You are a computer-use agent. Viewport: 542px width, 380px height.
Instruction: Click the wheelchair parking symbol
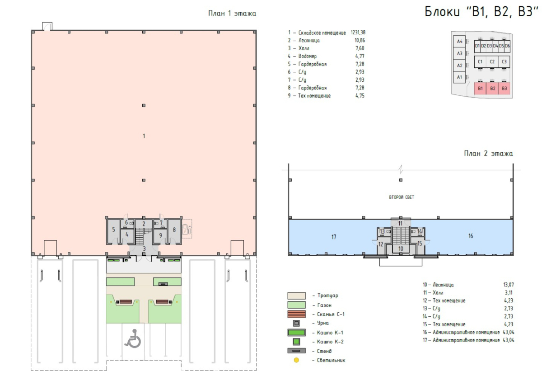coord(133,338)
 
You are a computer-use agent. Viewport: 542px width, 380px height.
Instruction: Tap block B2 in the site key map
coord(492,89)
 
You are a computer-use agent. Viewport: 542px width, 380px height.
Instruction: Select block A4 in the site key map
coord(459,42)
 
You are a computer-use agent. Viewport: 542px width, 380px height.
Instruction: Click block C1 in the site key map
coord(480,62)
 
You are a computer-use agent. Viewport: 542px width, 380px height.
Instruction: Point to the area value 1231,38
coord(358,33)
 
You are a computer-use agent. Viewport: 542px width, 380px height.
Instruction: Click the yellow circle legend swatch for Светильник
coord(296,360)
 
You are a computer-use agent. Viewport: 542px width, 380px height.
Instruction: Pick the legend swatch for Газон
coord(296,305)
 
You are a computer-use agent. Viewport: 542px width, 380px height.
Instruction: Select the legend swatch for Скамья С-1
coord(296,314)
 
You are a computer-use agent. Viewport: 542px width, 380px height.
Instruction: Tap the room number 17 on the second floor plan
coord(334,237)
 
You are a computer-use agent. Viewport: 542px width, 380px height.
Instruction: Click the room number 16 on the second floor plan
coord(471,236)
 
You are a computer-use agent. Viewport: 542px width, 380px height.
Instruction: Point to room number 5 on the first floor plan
coord(113,230)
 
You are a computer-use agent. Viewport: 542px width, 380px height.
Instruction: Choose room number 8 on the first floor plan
coord(174,230)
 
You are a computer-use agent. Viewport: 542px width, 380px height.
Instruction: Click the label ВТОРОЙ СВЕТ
coord(402,197)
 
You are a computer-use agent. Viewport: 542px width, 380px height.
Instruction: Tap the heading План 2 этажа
coord(488,154)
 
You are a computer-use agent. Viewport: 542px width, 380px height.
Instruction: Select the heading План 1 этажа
coord(232,13)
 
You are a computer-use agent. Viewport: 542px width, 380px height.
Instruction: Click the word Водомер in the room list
coord(307,56)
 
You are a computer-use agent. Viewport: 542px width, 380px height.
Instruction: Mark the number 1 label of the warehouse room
coord(144,136)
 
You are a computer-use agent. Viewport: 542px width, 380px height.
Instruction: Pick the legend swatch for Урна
coord(296,323)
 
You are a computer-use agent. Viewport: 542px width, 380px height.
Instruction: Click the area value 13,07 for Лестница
coord(509,285)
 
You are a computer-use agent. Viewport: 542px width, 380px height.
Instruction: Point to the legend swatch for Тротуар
coord(296,296)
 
